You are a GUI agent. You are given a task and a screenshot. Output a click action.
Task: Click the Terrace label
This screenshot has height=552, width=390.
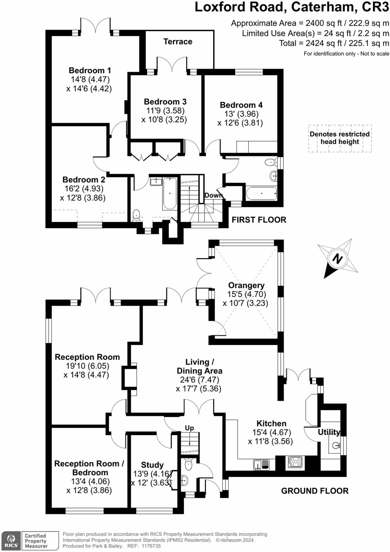pos(178,42)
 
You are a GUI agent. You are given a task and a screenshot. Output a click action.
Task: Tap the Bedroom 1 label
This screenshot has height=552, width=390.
pos(90,70)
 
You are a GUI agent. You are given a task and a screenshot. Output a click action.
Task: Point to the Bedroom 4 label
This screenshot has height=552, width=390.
pos(241,105)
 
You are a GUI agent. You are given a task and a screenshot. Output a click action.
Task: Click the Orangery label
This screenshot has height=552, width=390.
pos(246,285)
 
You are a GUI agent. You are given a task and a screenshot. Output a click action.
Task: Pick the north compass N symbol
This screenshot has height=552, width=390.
pos(337,259)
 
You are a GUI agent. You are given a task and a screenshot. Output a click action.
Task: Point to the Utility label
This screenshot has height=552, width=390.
pos(329,432)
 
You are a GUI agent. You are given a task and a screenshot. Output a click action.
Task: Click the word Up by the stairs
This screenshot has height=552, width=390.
pos(189,428)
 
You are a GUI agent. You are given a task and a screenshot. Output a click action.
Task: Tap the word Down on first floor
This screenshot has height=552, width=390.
pos(214,195)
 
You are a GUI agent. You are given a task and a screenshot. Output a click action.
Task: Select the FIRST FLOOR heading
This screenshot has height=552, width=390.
pos(259,220)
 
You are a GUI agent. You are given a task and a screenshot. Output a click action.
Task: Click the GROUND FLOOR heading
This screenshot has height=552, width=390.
pos(315,491)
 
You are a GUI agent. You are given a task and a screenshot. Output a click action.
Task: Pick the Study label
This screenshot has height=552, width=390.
pos(152,465)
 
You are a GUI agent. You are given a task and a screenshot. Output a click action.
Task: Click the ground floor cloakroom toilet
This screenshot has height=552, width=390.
pos(188,464)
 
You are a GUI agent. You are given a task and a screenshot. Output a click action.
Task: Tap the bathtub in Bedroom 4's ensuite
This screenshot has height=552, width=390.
pos(261,193)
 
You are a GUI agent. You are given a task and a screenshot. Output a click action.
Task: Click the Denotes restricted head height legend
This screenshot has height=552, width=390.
pos(340,138)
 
